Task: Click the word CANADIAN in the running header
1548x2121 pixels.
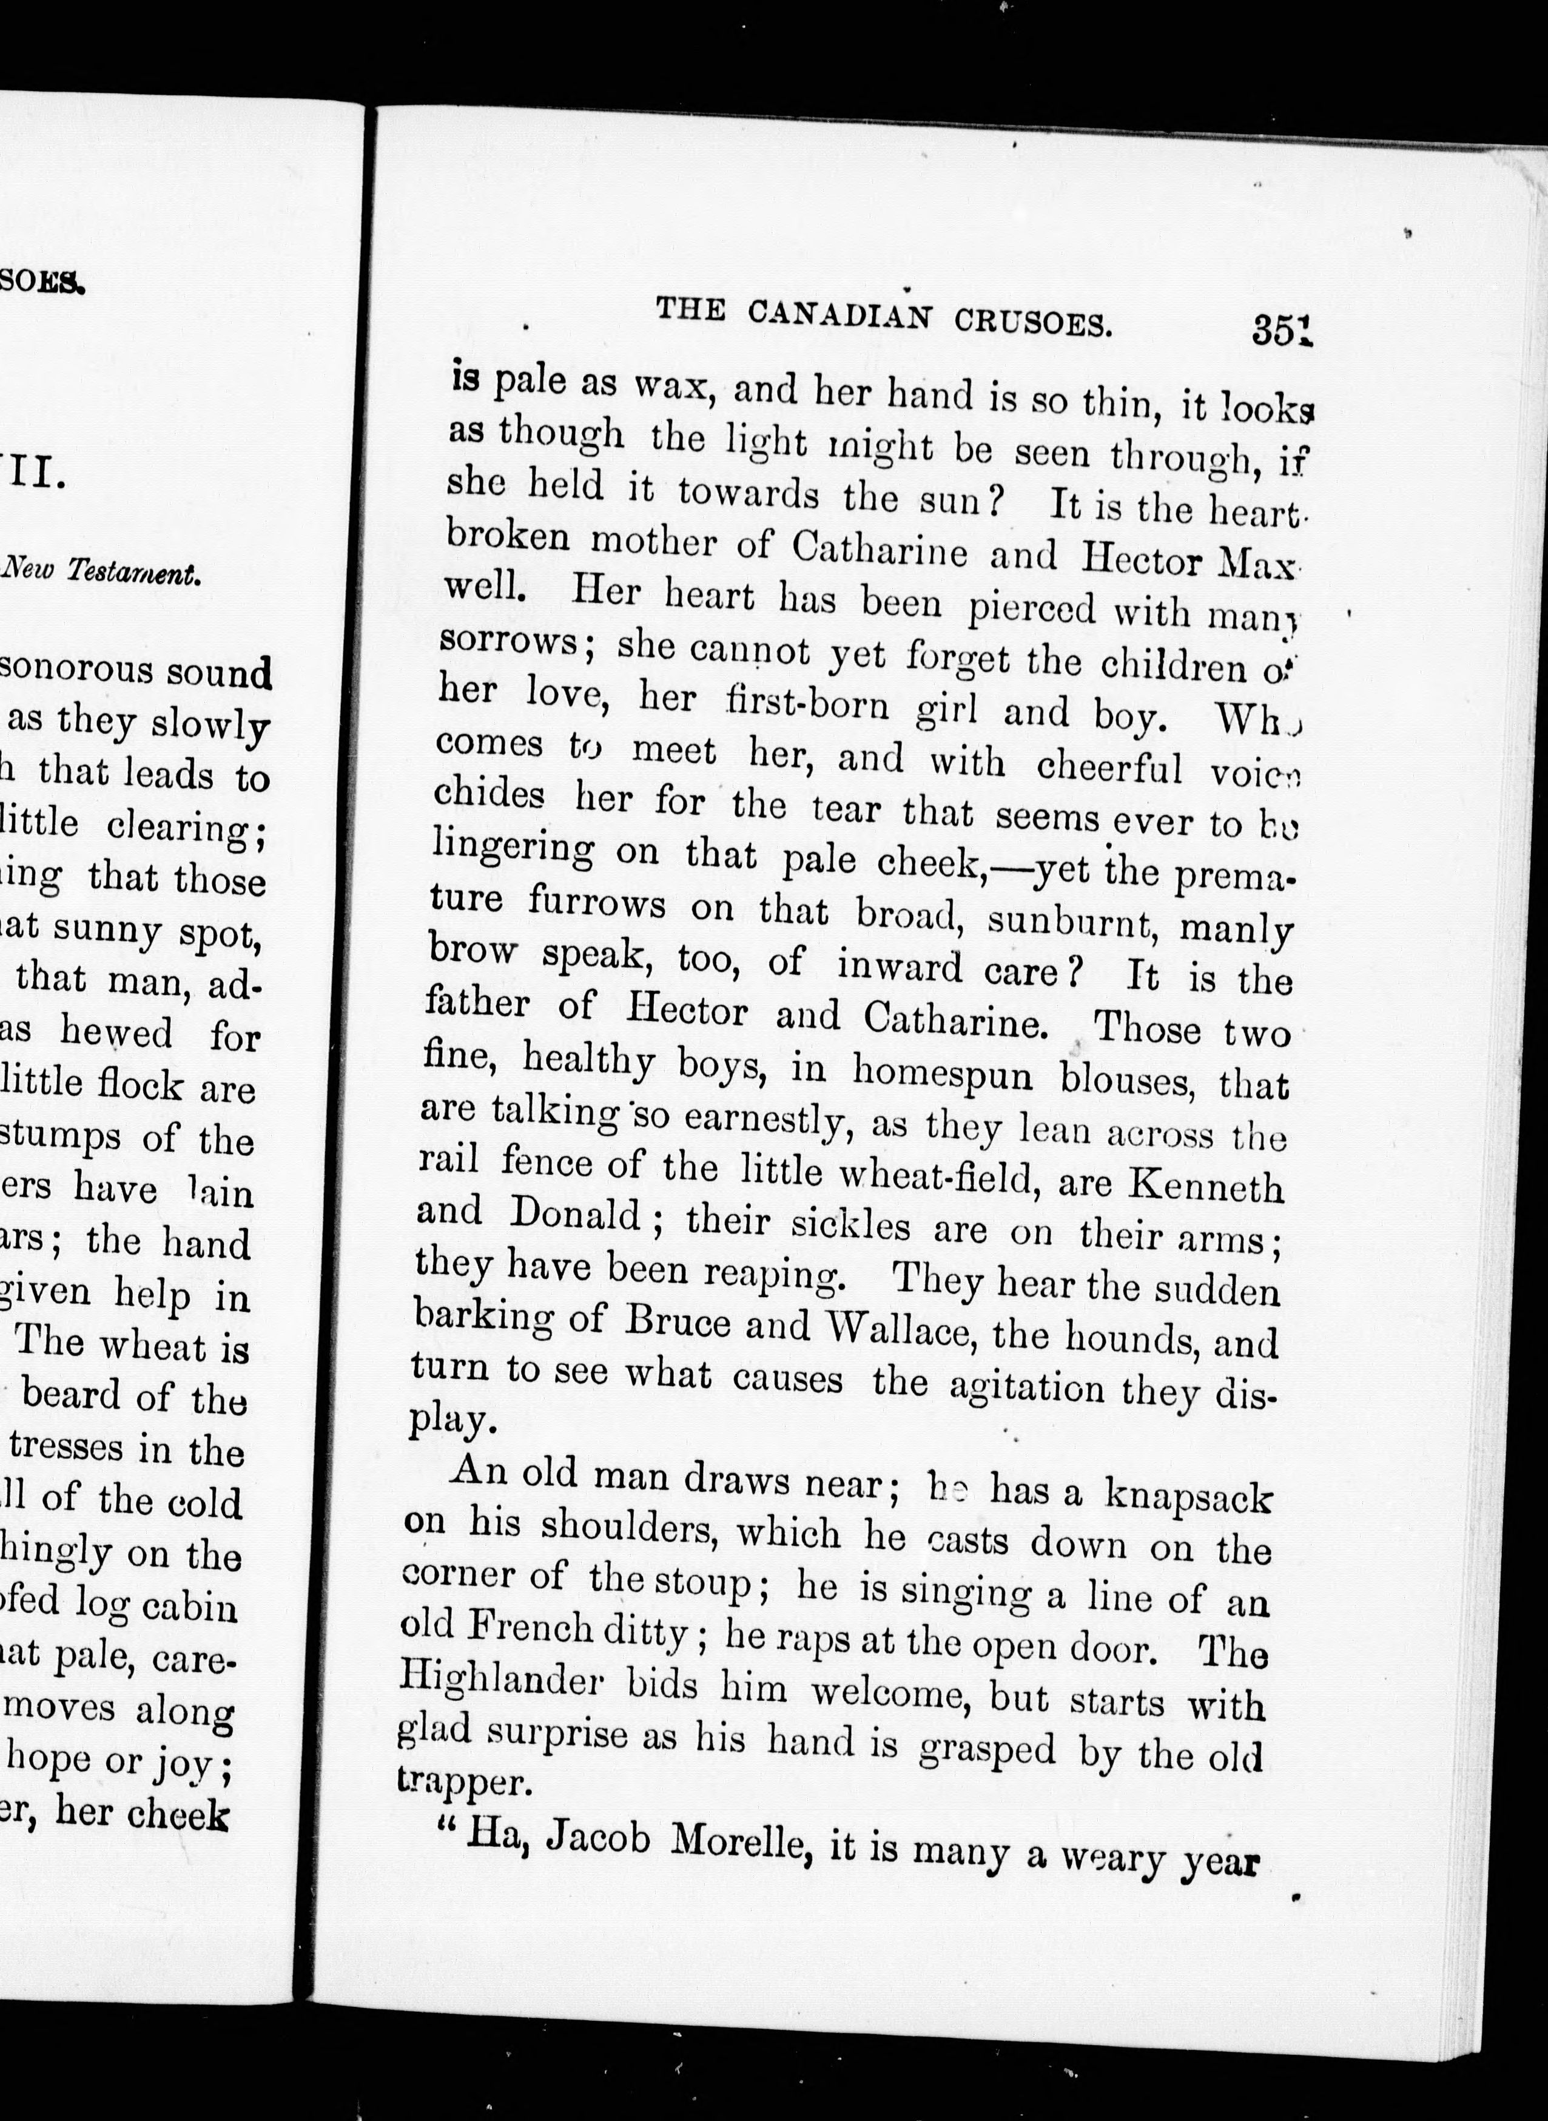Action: coord(840,315)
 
